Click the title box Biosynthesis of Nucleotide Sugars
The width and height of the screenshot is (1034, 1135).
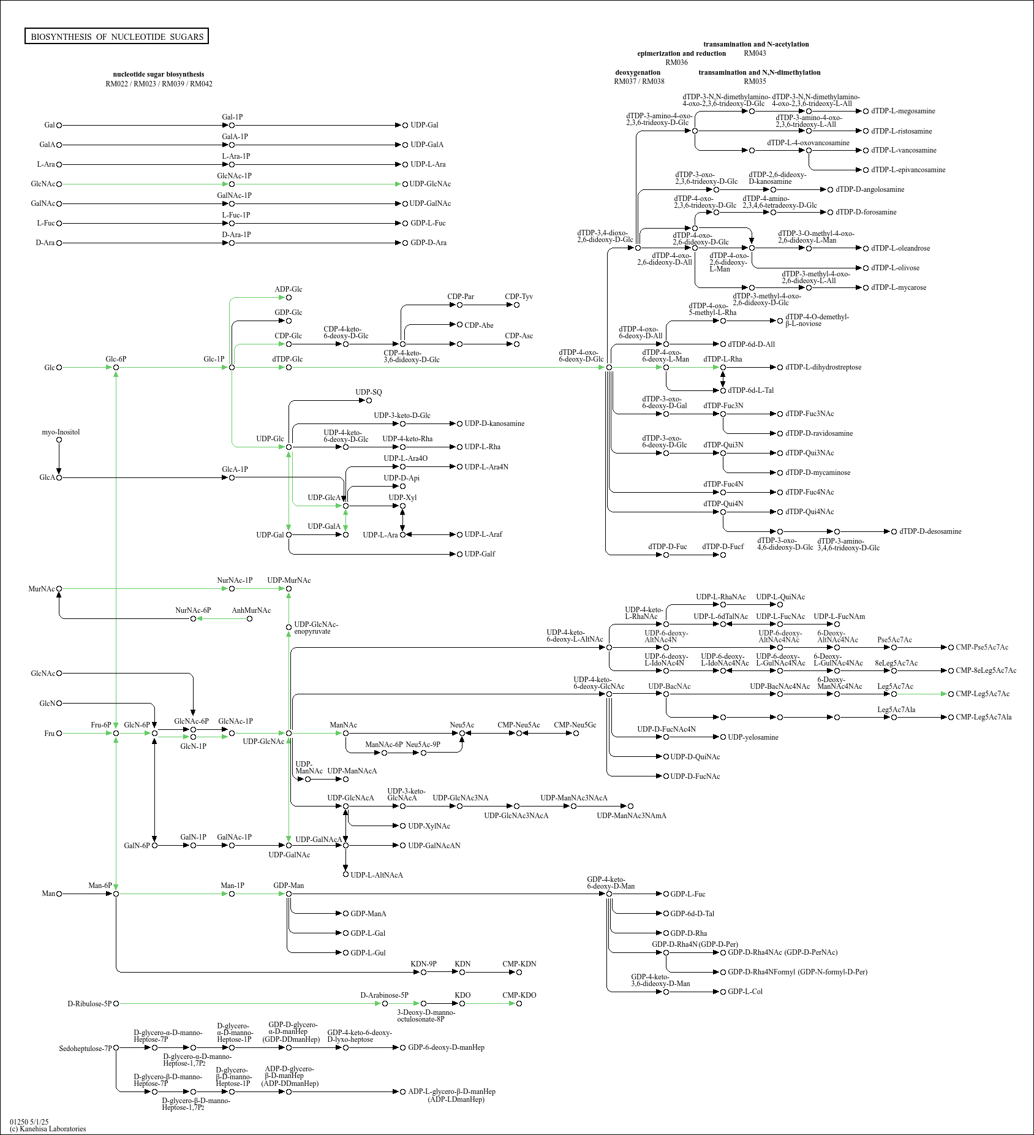[116, 37]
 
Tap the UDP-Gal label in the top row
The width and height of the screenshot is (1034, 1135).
[425, 125]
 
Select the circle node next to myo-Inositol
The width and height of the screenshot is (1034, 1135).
[59, 439]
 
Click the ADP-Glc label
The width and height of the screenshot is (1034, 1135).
[289, 289]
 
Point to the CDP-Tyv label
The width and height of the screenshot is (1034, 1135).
[519, 297]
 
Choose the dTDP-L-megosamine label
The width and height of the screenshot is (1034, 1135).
[903, 111]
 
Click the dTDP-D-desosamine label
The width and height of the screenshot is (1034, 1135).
[930, 531]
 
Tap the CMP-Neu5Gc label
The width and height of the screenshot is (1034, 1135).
[575, 725]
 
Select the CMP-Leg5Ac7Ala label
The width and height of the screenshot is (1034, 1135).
[984, 717]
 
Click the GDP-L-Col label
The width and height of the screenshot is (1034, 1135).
[745, 992]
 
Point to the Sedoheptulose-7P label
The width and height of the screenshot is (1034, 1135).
[86, 1049]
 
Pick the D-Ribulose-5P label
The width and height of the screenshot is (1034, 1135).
[89, 1004]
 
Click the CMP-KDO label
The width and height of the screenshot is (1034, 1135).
[519, 995]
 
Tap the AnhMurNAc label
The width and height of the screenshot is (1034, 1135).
[251, 610]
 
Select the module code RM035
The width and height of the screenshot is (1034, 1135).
[755, 82]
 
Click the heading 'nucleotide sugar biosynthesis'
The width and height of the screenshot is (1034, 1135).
[159, 74]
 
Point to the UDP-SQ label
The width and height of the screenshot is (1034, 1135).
[369, 392]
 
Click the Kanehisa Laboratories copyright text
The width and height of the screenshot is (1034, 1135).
[48, 1129]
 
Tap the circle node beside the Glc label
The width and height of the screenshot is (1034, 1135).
[59, 368]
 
